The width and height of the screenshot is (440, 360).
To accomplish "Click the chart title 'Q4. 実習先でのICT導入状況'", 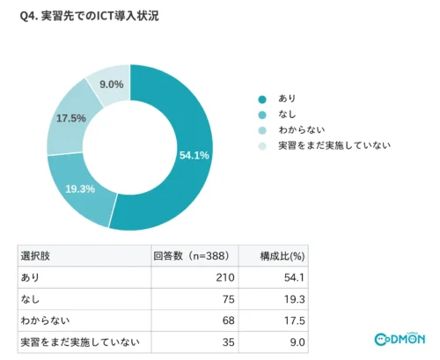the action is pos(89,16).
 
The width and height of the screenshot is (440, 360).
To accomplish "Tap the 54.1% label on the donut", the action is pos(194,155).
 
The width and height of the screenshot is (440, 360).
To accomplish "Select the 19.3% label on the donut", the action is pos(80,188).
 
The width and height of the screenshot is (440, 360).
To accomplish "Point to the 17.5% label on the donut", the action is pos(71,118).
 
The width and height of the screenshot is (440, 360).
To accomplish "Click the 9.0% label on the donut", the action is pos(112,84).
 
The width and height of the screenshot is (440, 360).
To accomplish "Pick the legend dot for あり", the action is pos(262,99).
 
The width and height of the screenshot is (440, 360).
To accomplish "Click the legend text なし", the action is pos(287,114).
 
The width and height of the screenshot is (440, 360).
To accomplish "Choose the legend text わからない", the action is pos(302,129).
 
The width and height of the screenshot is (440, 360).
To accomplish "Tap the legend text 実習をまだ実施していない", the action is pos(334,145).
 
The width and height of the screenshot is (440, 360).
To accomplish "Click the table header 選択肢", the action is pos(35,256).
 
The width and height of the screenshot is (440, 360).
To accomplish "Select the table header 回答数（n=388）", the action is pos(191,256).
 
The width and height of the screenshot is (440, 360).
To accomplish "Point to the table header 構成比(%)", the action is pos(282,256).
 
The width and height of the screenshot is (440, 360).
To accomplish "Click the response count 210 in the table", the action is pos(225,277).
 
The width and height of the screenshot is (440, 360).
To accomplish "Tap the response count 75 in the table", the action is pos(229,299).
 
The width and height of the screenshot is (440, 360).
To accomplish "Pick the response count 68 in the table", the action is pos(229,320).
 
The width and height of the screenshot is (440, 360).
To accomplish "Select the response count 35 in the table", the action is pos(229,342).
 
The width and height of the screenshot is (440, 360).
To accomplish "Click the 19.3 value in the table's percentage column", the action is pos(295,299).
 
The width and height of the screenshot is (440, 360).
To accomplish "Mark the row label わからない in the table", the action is pos(45,320).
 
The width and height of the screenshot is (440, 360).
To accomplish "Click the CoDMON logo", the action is pos(400,339).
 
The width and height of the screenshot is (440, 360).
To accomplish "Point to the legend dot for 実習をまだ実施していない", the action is pos(262,146).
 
